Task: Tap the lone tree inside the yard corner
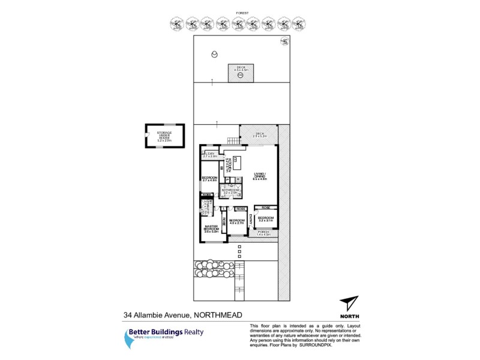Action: tap(284, 42)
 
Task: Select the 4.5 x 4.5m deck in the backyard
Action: tap(240, 73)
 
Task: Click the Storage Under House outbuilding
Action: tap(164, 135)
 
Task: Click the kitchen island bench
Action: tap(236, 161)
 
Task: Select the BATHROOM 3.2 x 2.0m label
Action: tap(230, 191)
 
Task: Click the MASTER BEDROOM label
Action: tap(212, 228)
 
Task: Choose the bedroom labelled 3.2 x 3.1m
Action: tap(265, 218)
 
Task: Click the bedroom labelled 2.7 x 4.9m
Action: tap(210, 179)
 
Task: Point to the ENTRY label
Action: tap(251, 220)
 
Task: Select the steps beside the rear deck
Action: tap(232, 140)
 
